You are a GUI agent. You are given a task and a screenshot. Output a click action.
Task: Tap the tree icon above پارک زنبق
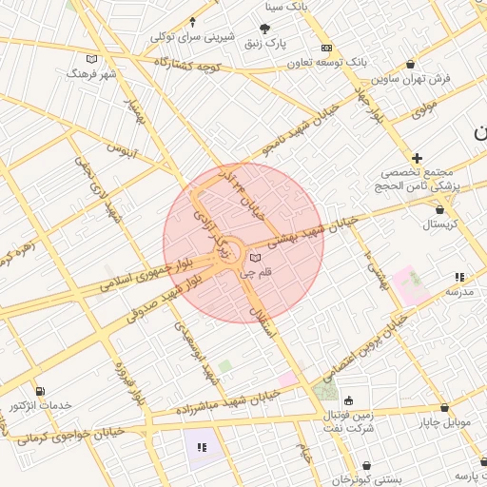(265, 29)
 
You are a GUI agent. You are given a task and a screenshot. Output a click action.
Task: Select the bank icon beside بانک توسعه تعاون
(326, 48)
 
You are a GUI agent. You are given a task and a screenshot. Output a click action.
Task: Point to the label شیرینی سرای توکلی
(191, 37)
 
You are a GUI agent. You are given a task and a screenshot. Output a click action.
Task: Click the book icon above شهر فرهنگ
(91, 59)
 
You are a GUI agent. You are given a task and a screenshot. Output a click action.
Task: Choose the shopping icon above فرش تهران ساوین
(410, 64)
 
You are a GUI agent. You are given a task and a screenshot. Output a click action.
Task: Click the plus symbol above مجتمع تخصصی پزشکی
(417, 157)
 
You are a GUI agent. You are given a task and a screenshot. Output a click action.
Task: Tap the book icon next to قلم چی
(254, 257)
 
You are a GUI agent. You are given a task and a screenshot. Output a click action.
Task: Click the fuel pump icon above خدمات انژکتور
(39, 391)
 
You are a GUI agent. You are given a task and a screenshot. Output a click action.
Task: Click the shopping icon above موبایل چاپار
(443, 406)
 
